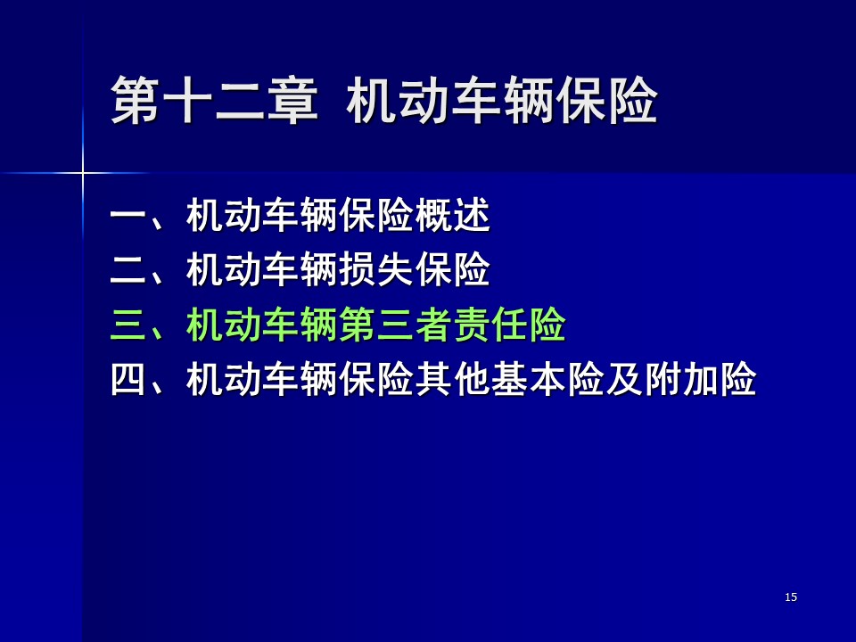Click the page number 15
(791, 597)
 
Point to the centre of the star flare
(83, 173)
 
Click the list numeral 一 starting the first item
(128, 215)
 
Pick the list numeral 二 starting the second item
(128, 269)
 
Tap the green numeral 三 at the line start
(128, 325)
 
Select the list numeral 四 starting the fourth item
(128, 379)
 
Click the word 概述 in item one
(453, 215)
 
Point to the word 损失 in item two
(376, 269)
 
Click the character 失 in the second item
(395, 269)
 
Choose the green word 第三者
(395, 325)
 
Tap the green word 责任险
(510, 325)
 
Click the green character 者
(433, 325)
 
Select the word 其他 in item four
(453, 379)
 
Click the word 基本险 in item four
(548, 379)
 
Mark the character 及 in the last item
(624, 379)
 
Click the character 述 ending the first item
(472, 215)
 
